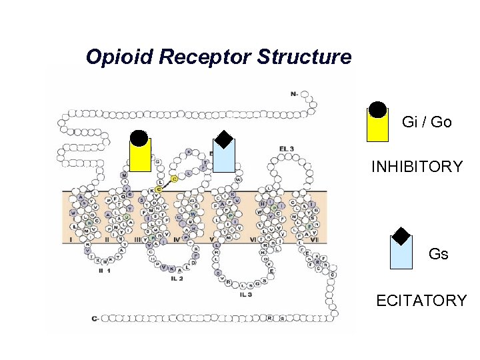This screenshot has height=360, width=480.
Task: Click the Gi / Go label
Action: (427, 122)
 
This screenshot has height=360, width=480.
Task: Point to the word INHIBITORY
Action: (417, 167)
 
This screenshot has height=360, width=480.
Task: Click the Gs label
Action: (438, 254)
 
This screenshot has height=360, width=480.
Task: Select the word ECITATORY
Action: (421, 301)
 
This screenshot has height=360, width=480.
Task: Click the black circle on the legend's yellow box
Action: (378, 110)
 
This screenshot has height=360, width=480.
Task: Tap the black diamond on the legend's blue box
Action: (401, 235)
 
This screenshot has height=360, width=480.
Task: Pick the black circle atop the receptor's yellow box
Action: (139, 138)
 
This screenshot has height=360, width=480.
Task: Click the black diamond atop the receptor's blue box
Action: (224, 139)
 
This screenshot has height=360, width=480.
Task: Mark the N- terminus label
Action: (295, 95)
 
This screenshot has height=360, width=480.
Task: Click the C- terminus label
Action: (96, 319)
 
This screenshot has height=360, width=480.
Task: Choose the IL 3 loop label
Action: (245, 294)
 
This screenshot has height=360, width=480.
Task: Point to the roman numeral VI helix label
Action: (254, 239)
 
